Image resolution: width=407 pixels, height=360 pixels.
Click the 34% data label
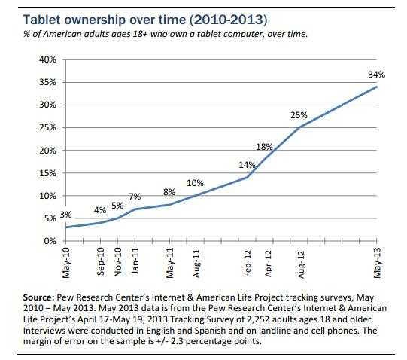[x=376, y=75]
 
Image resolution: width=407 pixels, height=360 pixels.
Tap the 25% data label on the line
[x=298, y=115]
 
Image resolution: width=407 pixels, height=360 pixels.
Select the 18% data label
[x=264, y=147]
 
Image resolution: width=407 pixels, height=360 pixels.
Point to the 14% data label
[x=245, y=164]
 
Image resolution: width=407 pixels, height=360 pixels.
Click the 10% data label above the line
[x=195, y=183]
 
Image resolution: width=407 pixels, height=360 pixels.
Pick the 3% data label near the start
[x=65, y=215]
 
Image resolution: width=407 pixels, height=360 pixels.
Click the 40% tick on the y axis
[x=47, y=59]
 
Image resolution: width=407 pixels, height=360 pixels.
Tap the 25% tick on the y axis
[x=47, y=127]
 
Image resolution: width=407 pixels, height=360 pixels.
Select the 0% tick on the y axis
[x=50, y=241]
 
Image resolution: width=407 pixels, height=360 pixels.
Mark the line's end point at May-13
[x=376, y=87]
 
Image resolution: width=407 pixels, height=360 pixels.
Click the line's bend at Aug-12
[x=299, y=127]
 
